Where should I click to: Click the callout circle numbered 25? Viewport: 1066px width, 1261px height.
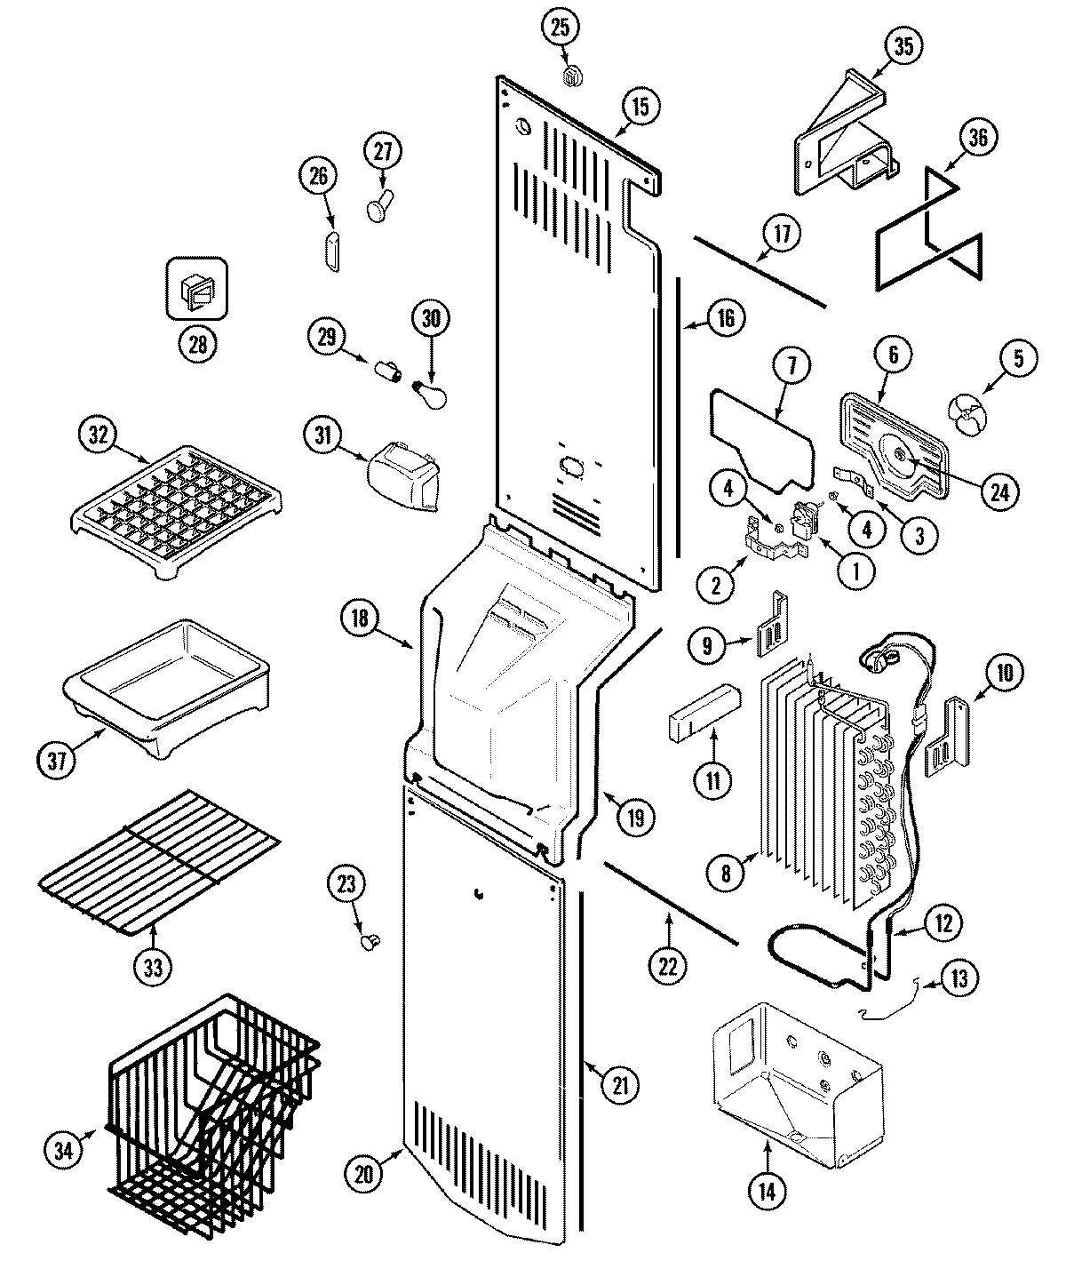(559, 29)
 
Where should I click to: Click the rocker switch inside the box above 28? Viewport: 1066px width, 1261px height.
(197, 289)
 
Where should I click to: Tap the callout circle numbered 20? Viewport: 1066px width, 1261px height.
(365, 1173)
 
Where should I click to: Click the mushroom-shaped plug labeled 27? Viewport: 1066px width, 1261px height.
(379, 207)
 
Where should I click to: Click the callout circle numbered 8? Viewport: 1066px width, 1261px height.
(726, 874)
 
